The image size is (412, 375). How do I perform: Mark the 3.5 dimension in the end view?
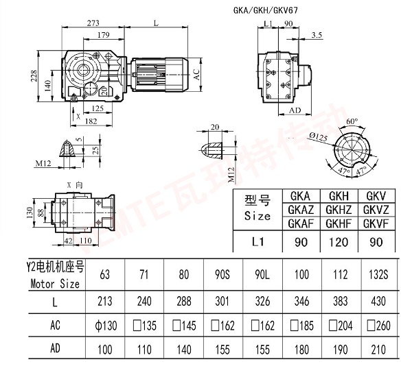pos(316,34)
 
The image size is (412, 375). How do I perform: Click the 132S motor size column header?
pos(378,276)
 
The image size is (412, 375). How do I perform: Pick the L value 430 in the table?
pos(378,301)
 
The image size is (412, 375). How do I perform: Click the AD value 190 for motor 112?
pos(340,349)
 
